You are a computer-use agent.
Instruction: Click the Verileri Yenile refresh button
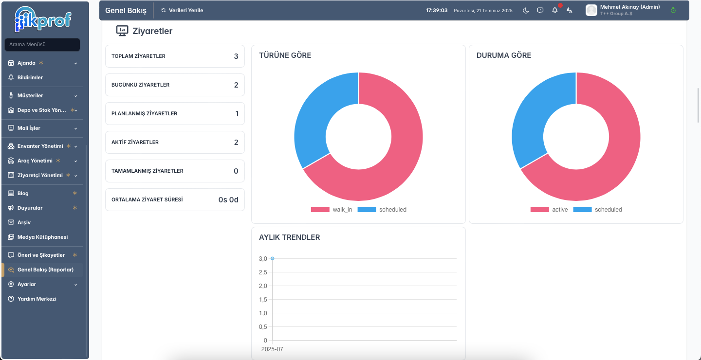(182, 10)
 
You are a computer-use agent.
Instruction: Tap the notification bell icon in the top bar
(555, 10)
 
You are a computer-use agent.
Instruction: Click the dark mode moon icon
(526, 10)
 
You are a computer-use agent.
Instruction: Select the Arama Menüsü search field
(42, 44)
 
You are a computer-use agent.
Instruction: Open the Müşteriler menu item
(30, 95)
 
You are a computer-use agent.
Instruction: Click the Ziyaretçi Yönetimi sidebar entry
(40, 175)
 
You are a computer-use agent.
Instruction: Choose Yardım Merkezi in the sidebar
(37, 299)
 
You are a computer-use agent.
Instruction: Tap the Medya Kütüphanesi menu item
(42, 237)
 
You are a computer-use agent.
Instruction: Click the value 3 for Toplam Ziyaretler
(236, 56)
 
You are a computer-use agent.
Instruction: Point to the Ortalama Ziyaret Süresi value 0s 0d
(228, 199)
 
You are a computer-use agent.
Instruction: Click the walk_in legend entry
(332, 210)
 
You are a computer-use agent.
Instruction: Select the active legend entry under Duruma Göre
(549, 210)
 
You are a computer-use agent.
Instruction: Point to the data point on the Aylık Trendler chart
(272, 258)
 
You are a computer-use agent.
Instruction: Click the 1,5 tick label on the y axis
(263, 300)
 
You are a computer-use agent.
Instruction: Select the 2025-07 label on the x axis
(272, 349)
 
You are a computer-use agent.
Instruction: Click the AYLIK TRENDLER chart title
(289, 237)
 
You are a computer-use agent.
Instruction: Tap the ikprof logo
(43, 19)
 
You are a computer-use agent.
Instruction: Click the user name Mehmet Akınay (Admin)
(629, 7)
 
